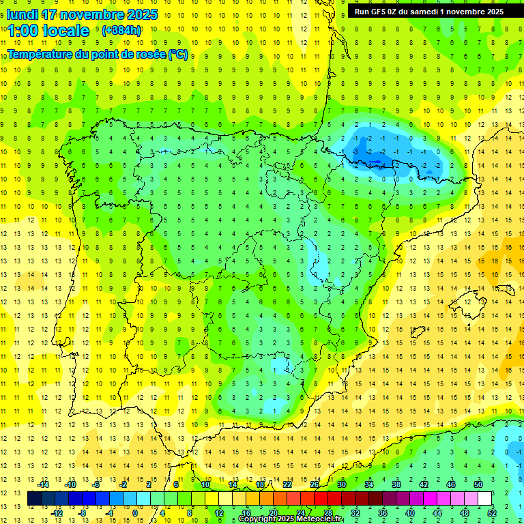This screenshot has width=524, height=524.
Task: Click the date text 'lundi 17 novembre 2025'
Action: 82,14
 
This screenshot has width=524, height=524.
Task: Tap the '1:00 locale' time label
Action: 49,31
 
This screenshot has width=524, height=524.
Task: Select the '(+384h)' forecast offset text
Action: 121,31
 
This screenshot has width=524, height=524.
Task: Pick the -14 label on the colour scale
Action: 44,484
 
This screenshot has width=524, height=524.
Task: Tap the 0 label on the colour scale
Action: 134,513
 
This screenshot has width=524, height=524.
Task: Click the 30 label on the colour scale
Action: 341,484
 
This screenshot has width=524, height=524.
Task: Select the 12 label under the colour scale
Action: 219,513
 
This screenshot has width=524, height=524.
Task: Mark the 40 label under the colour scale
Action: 409,513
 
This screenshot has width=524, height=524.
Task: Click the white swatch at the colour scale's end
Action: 485,499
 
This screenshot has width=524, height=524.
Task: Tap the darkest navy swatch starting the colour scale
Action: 34,499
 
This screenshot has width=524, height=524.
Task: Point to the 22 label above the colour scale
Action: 287,484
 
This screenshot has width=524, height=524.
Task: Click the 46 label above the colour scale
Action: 451,484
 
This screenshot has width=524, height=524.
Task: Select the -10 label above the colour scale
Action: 70,484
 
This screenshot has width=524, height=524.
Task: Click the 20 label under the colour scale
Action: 273,513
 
